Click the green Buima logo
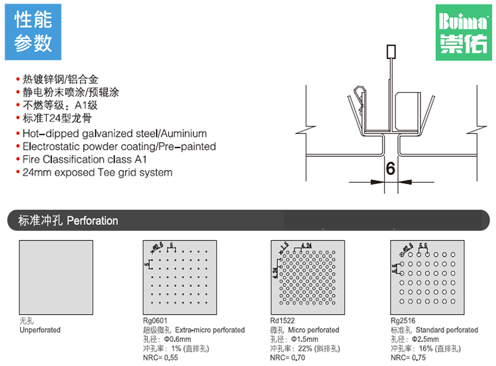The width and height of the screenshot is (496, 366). pos(463,32)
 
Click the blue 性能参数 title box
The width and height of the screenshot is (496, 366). pos(33,32)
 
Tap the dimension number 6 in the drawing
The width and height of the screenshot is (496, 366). pos(390,168)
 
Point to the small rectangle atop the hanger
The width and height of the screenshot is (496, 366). pos(391,52)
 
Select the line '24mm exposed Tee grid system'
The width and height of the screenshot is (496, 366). pos(97,172)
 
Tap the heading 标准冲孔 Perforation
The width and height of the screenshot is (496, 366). pos(68,221)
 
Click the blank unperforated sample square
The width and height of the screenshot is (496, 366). pos(56,277)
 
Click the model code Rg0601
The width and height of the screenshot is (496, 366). pos(154,321)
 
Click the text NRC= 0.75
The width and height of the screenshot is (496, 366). pos(408,358)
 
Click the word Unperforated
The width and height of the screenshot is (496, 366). pos(40,330)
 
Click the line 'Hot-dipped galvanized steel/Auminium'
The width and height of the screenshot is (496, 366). pos(114,134)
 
